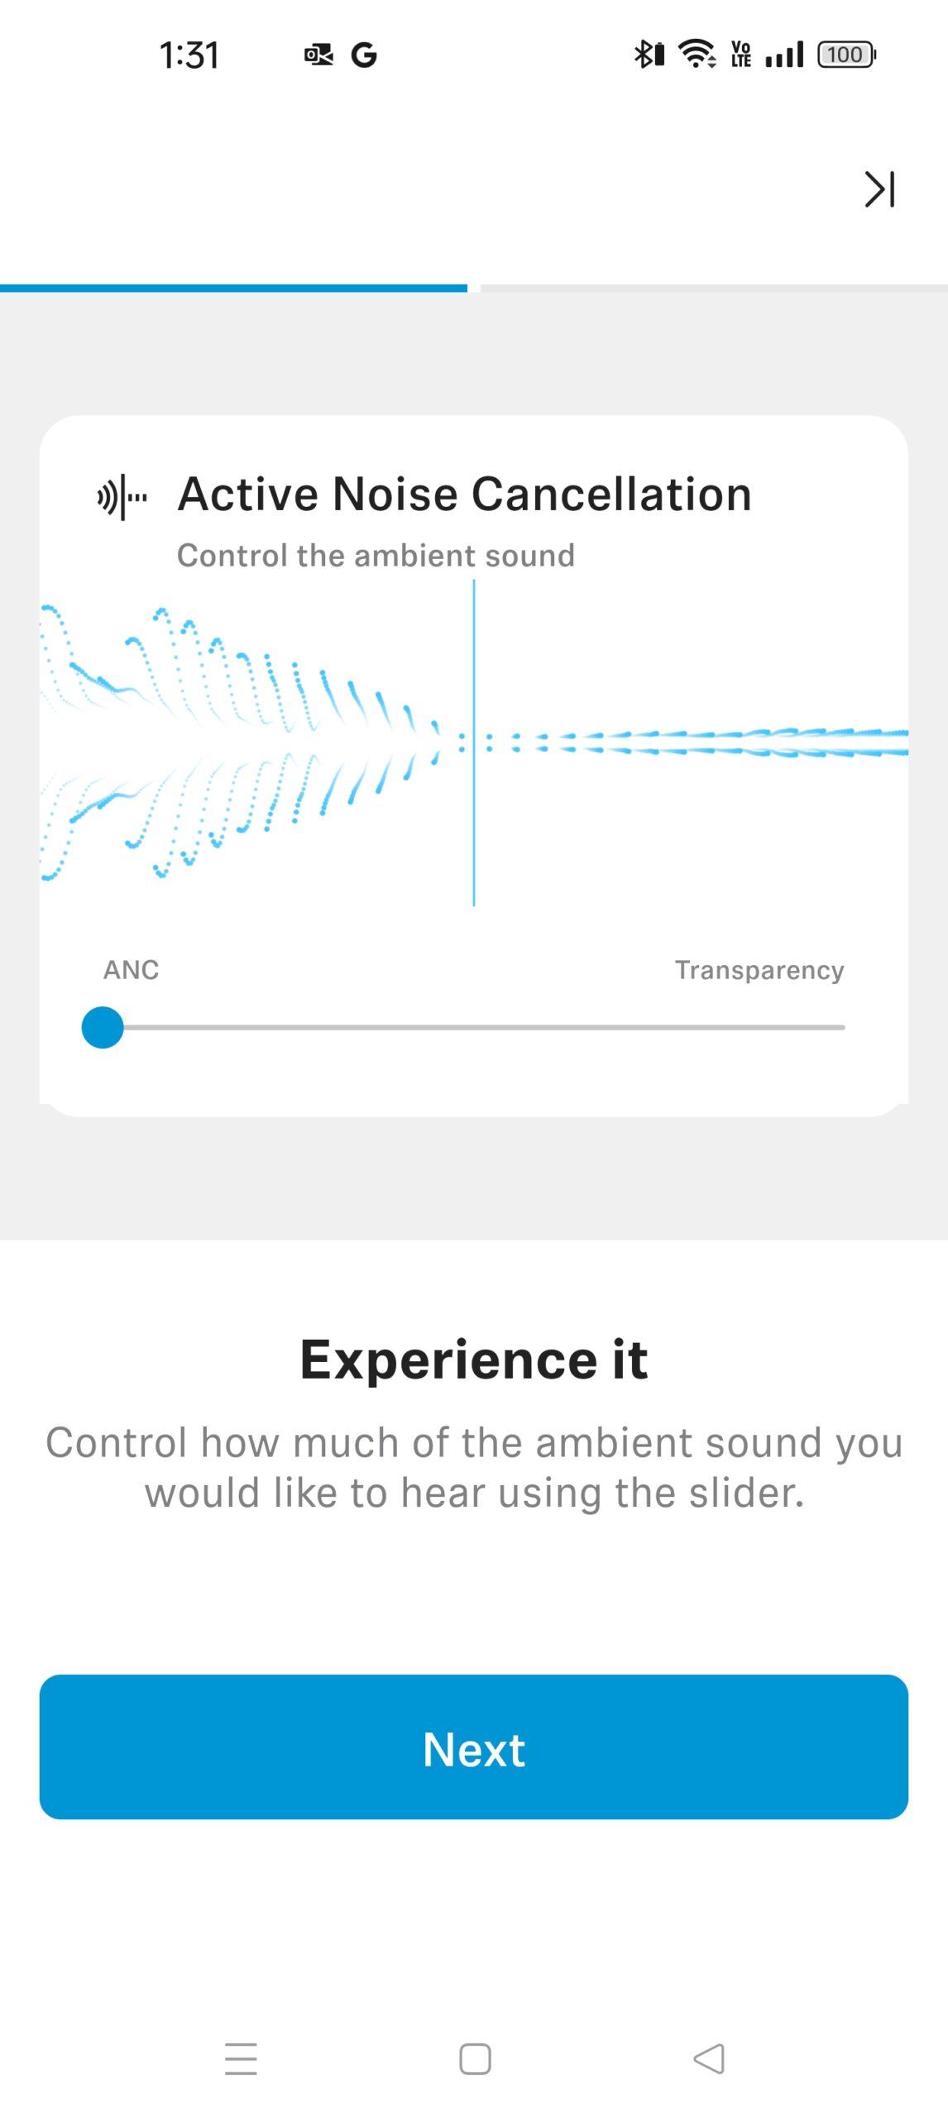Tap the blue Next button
474,1747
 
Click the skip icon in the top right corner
879,189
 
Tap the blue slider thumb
103,1027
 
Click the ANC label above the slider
131,970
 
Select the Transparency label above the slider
759,970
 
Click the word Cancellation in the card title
611,495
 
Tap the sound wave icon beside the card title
122,497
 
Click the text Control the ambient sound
376,556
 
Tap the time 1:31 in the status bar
189,55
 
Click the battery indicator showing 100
846,55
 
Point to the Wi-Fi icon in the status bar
697,54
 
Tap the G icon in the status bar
364,55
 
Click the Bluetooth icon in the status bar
649,55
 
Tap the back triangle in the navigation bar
709,2058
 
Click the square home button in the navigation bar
475,2059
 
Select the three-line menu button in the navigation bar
241,2058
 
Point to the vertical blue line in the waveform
474,743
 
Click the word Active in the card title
248,495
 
